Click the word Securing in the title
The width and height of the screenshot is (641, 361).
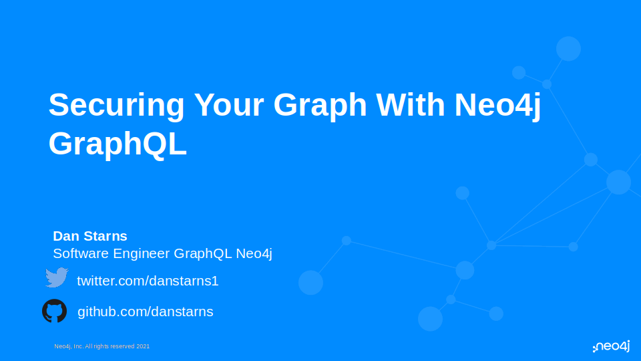point(116,106)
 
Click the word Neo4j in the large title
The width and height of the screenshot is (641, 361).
point(497,106)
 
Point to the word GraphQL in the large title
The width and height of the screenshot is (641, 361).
point(118,144)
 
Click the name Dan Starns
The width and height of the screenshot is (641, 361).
point(90,236)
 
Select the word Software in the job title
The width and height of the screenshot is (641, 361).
point(81,253)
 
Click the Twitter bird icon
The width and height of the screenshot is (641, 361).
point(57,278)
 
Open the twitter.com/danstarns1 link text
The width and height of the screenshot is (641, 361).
point(148,281)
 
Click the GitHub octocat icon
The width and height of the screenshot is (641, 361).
point(54,311)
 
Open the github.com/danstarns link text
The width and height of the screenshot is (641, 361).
point(145,312)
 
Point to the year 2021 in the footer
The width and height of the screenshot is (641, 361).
point(143,346)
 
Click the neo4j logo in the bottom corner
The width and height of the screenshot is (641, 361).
point(611,346)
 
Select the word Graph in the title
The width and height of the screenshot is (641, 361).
point(320,106)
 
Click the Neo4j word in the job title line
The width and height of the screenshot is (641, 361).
point(254,254)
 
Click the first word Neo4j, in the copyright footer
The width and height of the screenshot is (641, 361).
point(63,346)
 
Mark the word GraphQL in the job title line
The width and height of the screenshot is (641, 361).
point(201,254)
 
